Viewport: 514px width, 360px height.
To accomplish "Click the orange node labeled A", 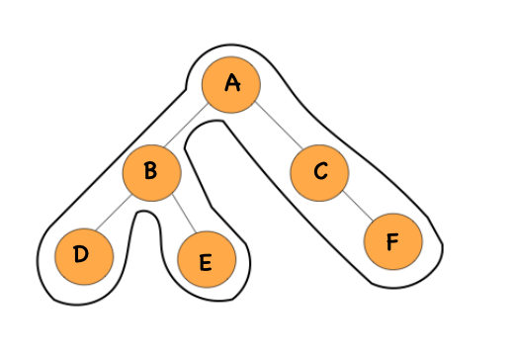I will pos(231,84).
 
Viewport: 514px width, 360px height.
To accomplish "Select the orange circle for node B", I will pos(151,173).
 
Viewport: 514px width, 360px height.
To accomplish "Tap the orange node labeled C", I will pos(320,172).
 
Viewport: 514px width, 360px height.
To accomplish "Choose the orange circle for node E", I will pos(207,261).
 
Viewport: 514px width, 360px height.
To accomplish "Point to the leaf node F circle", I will pos(392,240).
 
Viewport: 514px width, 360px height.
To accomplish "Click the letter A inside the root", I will pos(232,83).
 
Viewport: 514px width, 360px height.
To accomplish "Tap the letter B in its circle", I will pos(150,172).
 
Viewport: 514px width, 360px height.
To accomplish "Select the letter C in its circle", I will pos(320,172).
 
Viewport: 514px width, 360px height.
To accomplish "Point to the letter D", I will pos(82,254).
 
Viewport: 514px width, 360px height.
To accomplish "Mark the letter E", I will pos(206,262).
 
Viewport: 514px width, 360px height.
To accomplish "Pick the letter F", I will pos(392,239).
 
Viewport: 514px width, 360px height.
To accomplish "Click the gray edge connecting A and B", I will pos(191,129).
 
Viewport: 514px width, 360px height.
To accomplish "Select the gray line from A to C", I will pos(276,129).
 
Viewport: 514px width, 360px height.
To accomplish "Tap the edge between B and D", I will pos(117,215).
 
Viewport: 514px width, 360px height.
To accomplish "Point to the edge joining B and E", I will pos(179,218).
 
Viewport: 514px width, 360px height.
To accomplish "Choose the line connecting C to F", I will pos(357,207).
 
